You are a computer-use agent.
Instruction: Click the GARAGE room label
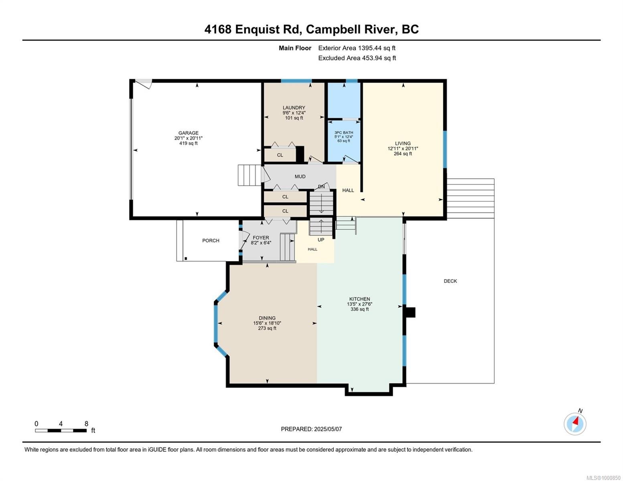point(189,133)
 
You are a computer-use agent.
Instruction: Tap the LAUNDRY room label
point(294,108)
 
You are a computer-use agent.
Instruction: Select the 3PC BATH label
point(344,133)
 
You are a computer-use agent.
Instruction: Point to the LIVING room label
point(403,143)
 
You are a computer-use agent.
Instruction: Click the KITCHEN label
point(359,299)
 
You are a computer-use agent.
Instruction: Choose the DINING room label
point(267,318)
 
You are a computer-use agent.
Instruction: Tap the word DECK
point(451,281)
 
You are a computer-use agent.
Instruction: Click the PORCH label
point(211,240)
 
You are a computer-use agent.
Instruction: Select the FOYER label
point(261,238)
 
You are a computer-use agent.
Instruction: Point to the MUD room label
point(300,176)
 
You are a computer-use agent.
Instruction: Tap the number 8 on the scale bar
point(86,423)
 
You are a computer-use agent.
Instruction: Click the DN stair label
point(321,187)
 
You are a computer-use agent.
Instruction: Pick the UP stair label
point(321,240)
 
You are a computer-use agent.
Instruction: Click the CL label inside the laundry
point(280,155)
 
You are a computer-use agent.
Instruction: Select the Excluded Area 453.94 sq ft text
point(357,58)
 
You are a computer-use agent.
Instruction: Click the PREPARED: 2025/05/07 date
point(311,429)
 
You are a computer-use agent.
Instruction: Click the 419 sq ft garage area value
point(189,143)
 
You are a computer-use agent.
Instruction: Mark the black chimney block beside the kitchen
point(410,312)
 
